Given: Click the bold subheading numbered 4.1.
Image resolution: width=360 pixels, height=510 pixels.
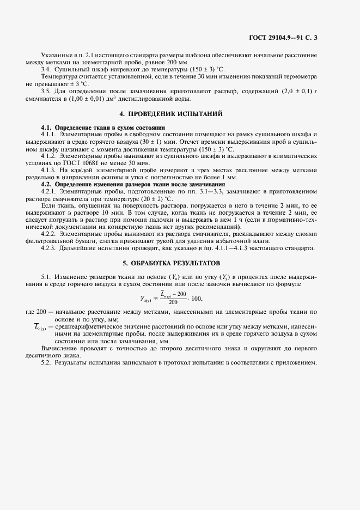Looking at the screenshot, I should tap(95, 127).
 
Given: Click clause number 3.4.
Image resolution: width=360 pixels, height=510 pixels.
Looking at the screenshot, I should tap(47, 70).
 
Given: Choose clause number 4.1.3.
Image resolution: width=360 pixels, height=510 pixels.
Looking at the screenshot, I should tap(50, 170).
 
